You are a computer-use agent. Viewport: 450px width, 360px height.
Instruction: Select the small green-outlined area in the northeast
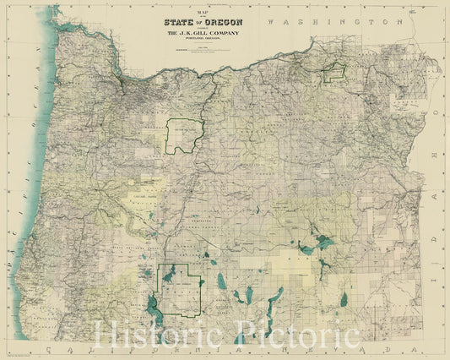click(335, 73)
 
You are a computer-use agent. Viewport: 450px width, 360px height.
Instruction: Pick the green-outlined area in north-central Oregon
click(185, 135)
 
